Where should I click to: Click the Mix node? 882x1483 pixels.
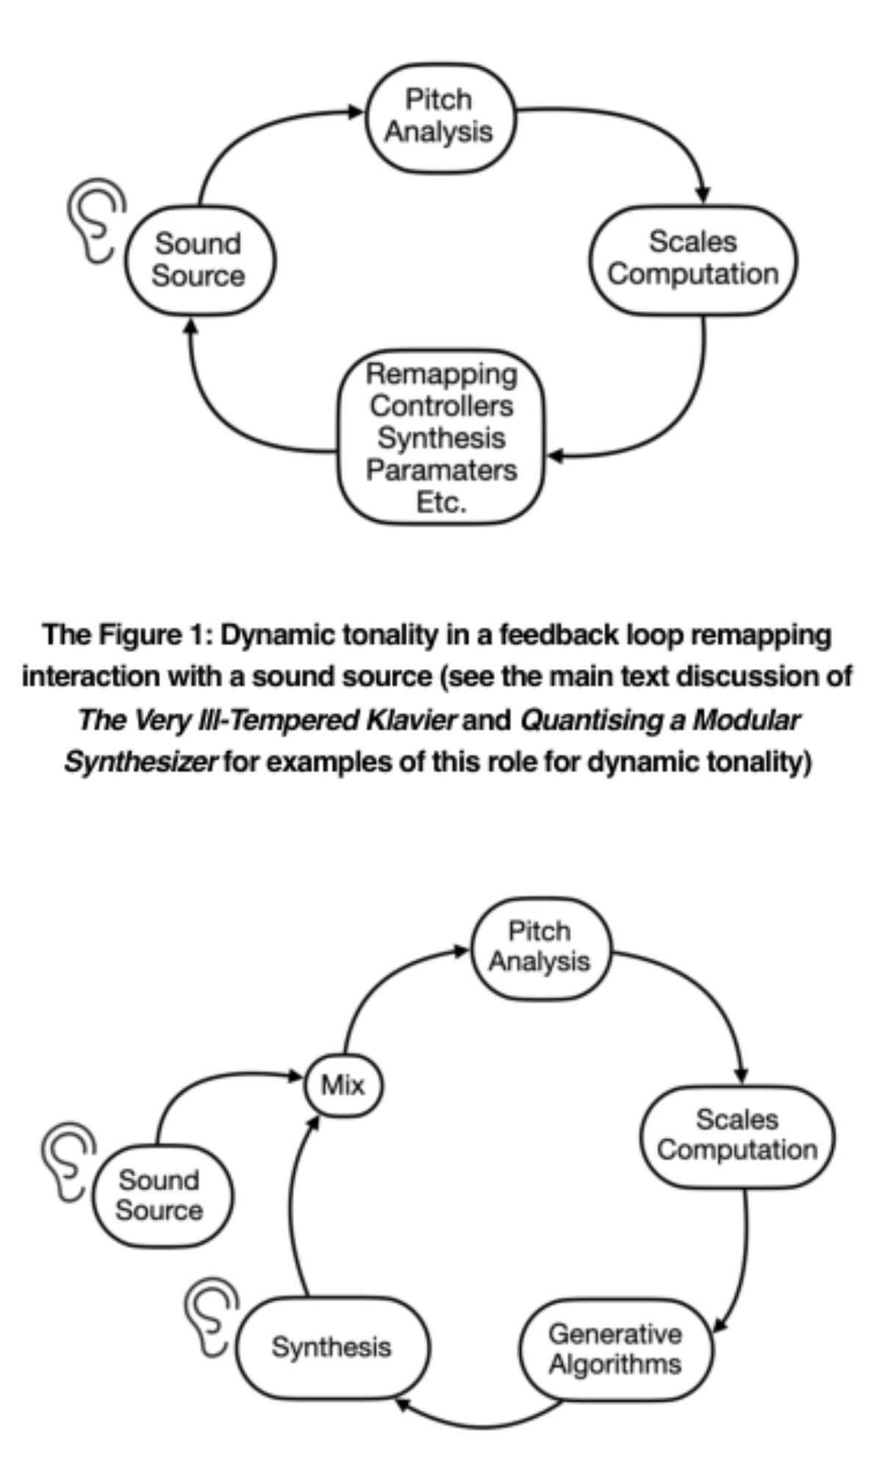point(343,1085)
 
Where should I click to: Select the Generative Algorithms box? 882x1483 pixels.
point(616,1350)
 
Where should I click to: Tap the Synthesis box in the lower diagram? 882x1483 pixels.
point(332,1347)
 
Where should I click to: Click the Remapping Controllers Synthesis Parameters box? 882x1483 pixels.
point(441,437)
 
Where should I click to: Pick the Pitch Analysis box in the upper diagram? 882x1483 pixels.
point(440,118)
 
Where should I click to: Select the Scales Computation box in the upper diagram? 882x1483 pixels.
point(693,259)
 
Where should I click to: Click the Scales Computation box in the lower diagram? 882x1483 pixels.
point(737,1136)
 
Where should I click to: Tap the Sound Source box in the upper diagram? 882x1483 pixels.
point(199,260)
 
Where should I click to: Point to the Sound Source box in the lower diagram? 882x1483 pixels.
point(160,1195)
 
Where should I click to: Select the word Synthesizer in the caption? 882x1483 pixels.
point(140,762)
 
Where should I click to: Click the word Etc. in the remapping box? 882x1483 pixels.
point(442,502)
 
